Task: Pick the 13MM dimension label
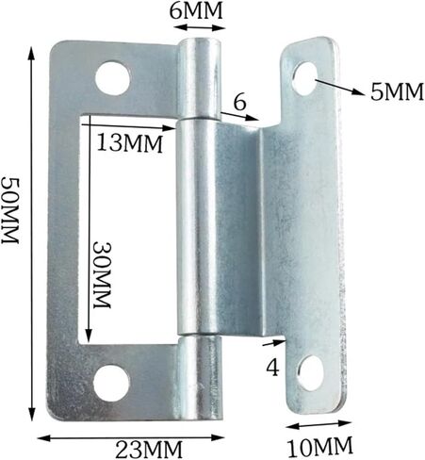click(x=128, y=143)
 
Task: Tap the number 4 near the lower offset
click(x=271, y=368)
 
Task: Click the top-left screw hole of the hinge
click(x=112, y=77)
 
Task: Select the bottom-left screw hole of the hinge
click(x=111, y=381)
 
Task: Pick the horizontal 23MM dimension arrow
click(x=132, y=435)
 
